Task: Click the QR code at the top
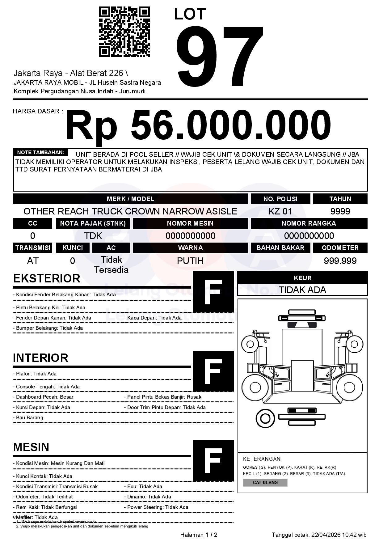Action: click(124, 32)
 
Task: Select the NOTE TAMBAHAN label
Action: click(40, 152)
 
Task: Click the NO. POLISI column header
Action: click(280, 199)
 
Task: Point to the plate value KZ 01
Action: click(280, 211)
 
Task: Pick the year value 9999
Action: click(340, 211)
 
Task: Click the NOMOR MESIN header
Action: click(190, 223)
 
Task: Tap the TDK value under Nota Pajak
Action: click(93, 236)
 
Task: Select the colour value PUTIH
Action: click(190, 261)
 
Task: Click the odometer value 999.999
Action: click(340, 261)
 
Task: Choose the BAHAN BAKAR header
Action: click(280, 248)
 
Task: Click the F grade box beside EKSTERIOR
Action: click(213, 292)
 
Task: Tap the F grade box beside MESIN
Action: click(213, 461)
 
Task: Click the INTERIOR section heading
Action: click(40, 358)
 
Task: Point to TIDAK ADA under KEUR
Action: click(302, 290)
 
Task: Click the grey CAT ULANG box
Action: click(265, 482)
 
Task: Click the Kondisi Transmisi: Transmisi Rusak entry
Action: click(55, 486)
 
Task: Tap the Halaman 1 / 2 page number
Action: click(199, 535)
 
